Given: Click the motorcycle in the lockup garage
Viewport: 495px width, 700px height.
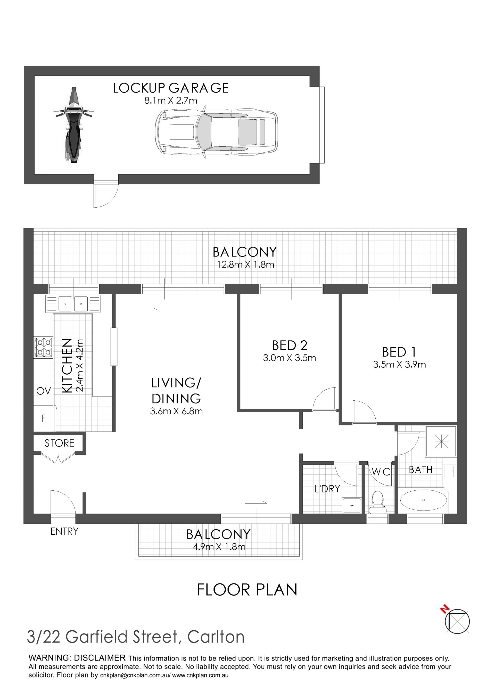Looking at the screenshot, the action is (x=73, y=125).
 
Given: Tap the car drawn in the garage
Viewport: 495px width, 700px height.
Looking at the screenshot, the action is (x=216, y=132).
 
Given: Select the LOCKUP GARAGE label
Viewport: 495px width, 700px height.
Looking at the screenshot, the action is (x=171, y=88).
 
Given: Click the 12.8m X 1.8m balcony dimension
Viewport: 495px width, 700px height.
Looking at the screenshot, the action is (x=245, y=265).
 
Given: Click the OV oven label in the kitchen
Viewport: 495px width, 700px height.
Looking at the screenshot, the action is (x=44, y=391).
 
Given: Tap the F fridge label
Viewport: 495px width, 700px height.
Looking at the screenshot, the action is (x=43, y=418).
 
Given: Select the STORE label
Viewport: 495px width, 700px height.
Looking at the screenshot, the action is (x=60, y=443).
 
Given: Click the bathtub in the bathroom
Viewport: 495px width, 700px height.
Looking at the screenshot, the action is (x=423, y=500).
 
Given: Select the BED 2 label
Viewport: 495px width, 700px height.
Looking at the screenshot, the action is (x=289, y=345).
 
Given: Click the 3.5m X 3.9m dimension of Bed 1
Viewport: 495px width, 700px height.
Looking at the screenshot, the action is (x=399, y=364).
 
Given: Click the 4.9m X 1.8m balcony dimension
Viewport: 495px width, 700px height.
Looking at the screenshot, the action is (x=219, y=547).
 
